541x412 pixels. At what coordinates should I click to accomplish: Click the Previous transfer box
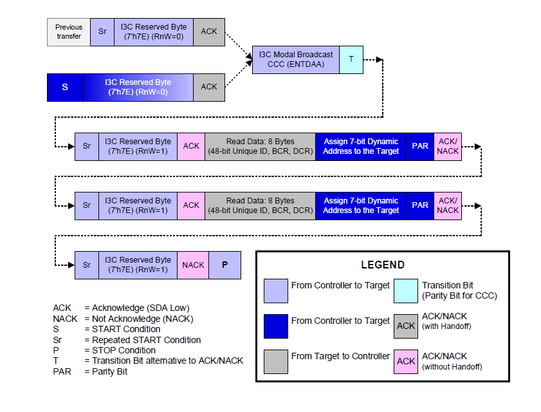(x=69, y=32)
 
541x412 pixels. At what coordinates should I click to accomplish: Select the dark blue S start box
(x=65, y=87)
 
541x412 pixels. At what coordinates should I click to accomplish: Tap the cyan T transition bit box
(x=351, y=59)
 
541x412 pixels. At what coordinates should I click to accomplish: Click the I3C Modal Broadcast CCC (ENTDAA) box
(x=295, y=59)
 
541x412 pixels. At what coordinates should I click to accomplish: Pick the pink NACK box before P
(x=193, y=265)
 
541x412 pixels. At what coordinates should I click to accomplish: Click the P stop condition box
(x=225, y=265)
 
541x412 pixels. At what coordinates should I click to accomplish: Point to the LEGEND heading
(x=382, y=265)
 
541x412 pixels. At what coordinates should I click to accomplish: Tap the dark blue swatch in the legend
(x=276, y=326)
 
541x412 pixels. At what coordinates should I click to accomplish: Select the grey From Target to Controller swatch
(x=276, y=361)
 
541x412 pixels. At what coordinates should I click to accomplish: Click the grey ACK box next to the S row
(x=209, y=87)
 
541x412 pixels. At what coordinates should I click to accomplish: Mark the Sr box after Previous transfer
(x=102, y=32)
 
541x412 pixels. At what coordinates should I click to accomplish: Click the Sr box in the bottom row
(x=87, y=265)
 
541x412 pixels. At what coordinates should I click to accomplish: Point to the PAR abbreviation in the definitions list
(x=62, y=371)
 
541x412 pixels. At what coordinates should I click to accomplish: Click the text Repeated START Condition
(x=146, y=340)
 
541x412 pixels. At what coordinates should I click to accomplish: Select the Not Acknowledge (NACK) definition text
(x=142, y=319)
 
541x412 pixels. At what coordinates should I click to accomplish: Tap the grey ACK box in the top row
(x=209, y=32)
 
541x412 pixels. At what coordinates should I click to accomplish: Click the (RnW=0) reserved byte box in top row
(x=154, y=32)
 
